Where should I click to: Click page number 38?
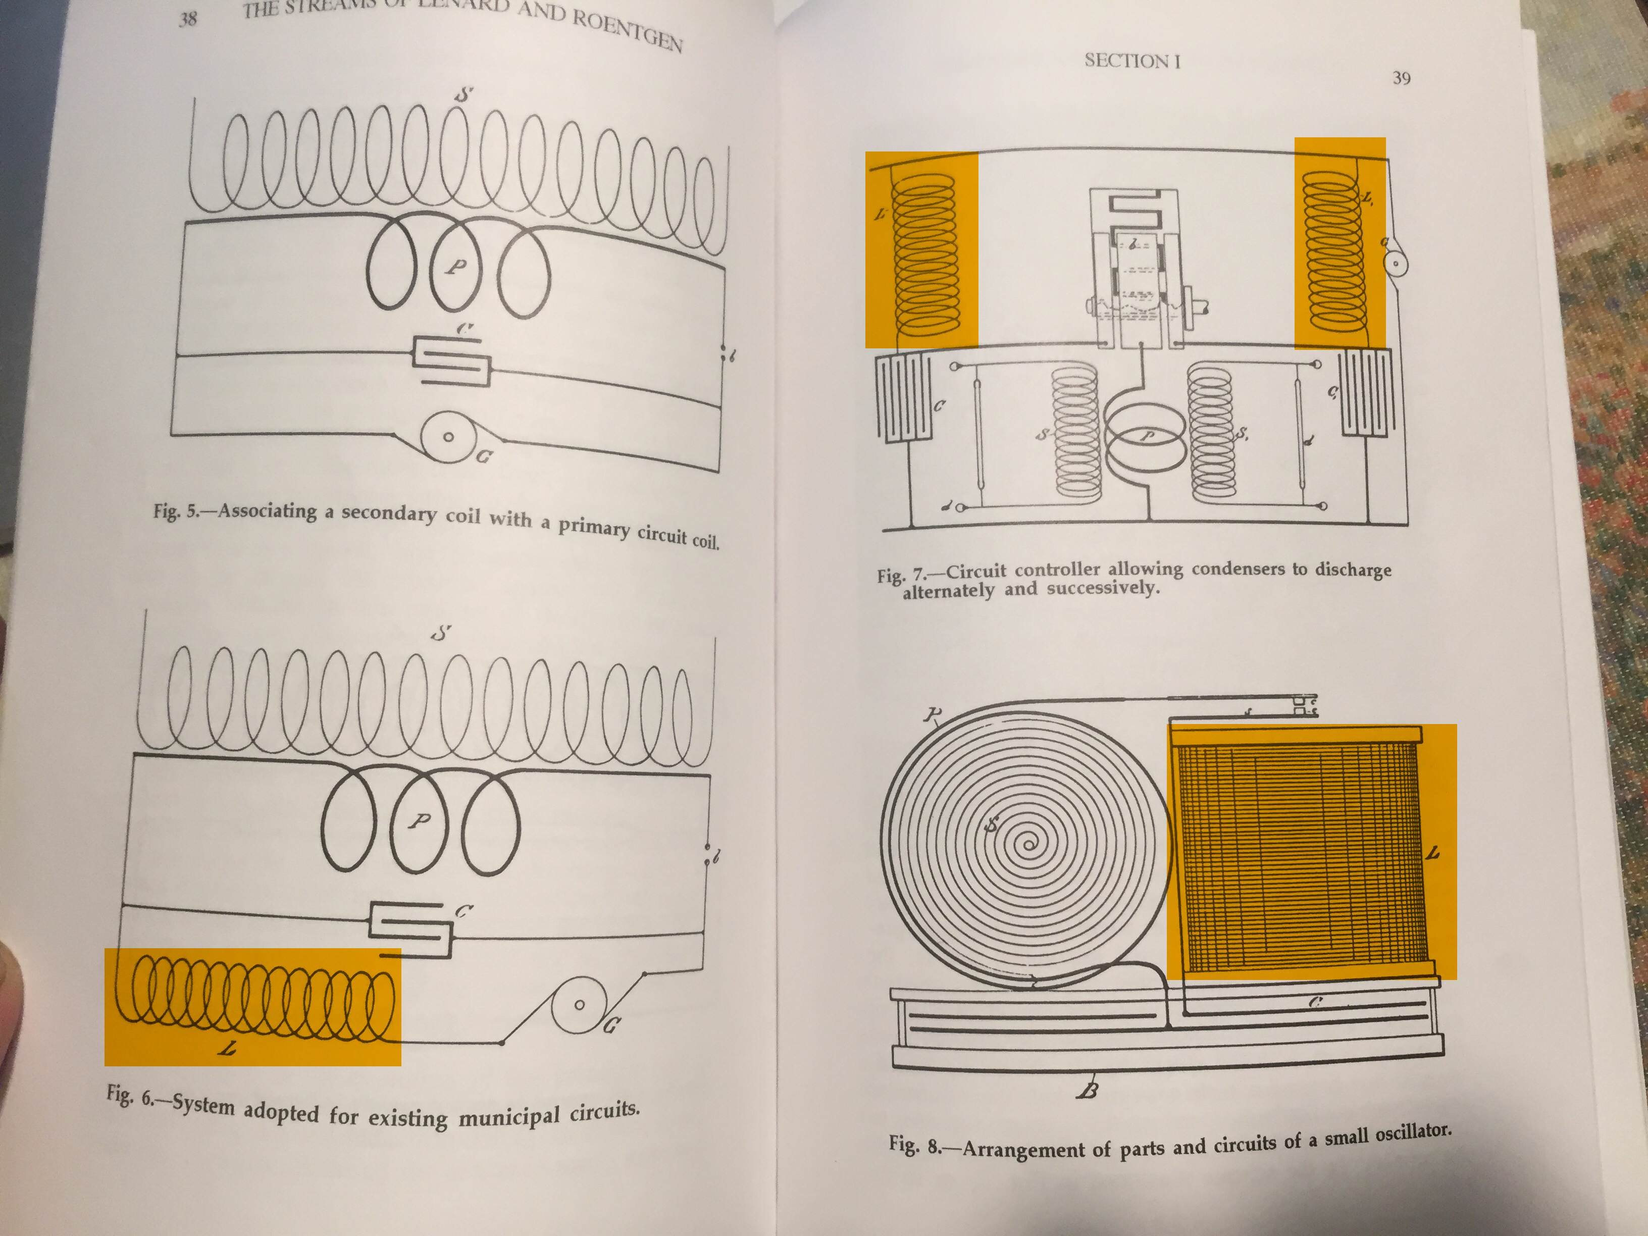click(188, 19)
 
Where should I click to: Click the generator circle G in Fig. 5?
click(448, 437)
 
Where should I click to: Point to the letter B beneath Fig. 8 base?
click(1089, 1092)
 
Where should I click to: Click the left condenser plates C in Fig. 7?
click(904, 398)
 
